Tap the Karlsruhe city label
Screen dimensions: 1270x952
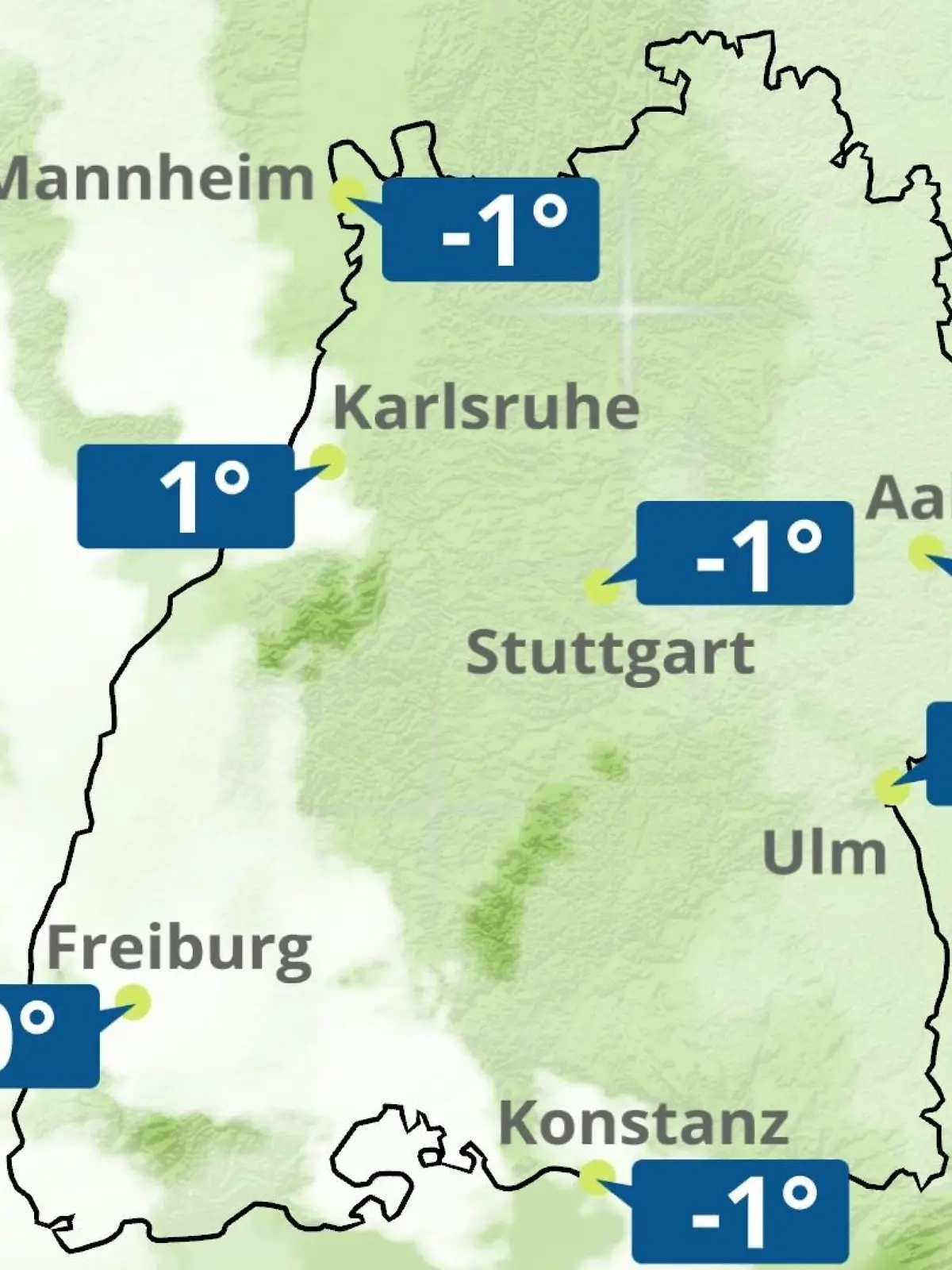486,407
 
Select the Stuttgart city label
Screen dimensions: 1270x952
609,653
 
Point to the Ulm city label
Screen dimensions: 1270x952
823,853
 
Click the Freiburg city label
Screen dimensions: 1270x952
179,949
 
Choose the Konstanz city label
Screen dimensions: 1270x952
643,1123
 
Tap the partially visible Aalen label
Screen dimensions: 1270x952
909,498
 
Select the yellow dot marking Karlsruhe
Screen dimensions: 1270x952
327,461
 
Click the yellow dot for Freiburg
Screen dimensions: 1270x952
132,1003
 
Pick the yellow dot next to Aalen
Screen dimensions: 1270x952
925,552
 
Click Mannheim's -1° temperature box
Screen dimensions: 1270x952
490,229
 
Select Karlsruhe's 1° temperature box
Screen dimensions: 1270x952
186,496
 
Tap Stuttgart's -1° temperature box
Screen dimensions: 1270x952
745,553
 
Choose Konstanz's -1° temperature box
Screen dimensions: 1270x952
740,1211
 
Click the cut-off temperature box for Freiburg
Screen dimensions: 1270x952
48,1036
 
